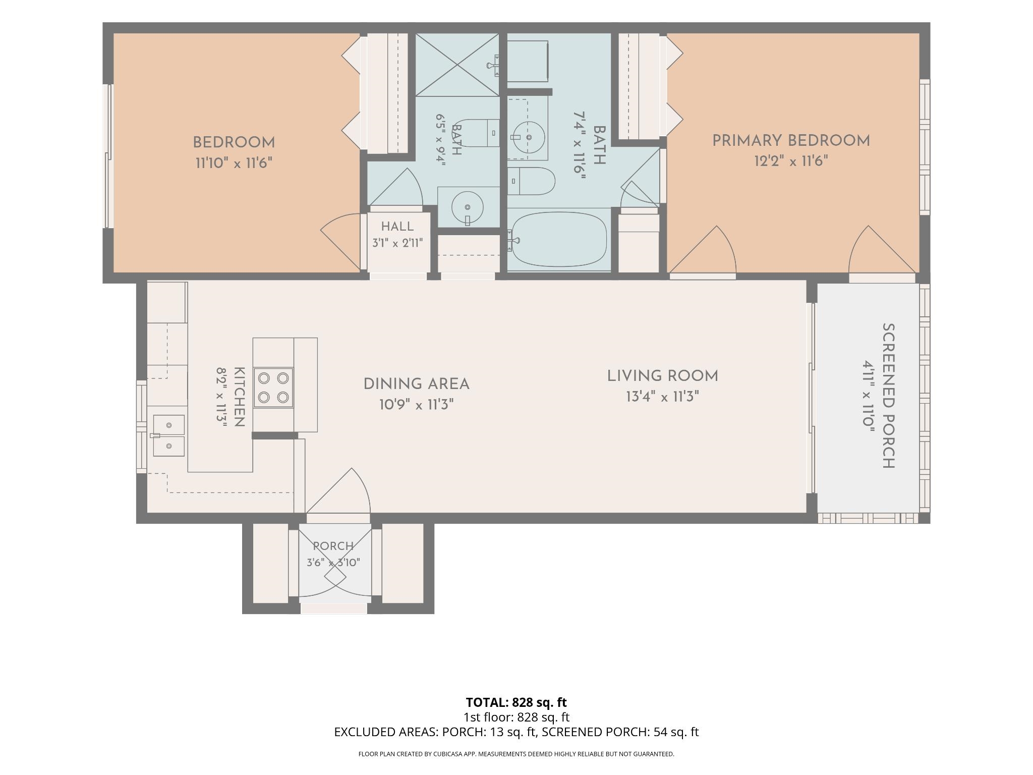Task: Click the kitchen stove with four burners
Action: (x=273, y=387)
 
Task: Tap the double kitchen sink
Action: (x=168, y=435)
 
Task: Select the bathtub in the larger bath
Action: (x=559, y=239)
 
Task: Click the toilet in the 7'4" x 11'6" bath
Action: (x=531, y=181)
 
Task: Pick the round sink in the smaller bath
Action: (x=468, y=207)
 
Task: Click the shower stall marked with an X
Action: (x=457, y=65)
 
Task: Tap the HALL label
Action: (x=397, y=227)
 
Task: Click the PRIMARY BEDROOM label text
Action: (x=791, y=141)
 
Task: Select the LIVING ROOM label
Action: (x=662, y=376)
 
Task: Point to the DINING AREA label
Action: (x=417, y=384)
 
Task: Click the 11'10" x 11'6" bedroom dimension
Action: (x=234, y=163)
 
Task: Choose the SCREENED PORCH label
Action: (x=888, y=396)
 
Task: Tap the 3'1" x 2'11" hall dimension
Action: (x=397, y=243)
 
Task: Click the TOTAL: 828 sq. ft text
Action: (x=516, y=702)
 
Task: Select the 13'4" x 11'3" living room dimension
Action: (x=662, y=397)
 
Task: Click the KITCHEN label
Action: (x=240, y=397)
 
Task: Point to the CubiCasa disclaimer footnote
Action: (x=516, y=754)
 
